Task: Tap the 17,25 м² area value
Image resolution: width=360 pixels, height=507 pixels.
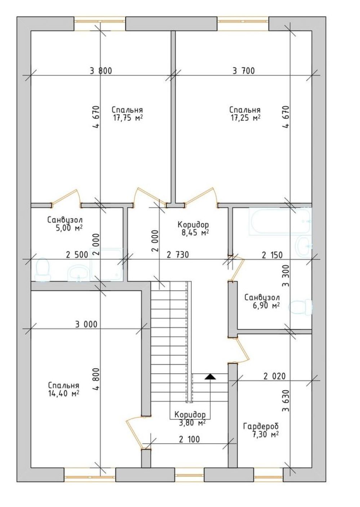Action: pos(245,118)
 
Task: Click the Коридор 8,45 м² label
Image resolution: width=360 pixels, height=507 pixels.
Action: pos(194,229)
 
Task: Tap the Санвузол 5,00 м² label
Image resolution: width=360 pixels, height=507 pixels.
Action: pos(65,224)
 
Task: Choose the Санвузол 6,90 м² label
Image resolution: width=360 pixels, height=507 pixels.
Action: pos(262,301)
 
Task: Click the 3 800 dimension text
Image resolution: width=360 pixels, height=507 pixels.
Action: pos(101,71)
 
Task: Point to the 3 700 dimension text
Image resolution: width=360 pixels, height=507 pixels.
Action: pos(244,71)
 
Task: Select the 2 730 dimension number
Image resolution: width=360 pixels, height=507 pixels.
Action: pos(178,255)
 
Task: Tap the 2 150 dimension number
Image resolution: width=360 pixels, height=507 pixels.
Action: pos(272,255)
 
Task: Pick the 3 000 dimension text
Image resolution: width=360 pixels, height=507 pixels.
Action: pos(86,324)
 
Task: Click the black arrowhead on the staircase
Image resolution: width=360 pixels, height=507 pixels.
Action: pos(210,376)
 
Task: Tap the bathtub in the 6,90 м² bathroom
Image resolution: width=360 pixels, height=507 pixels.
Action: pos(280,221)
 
